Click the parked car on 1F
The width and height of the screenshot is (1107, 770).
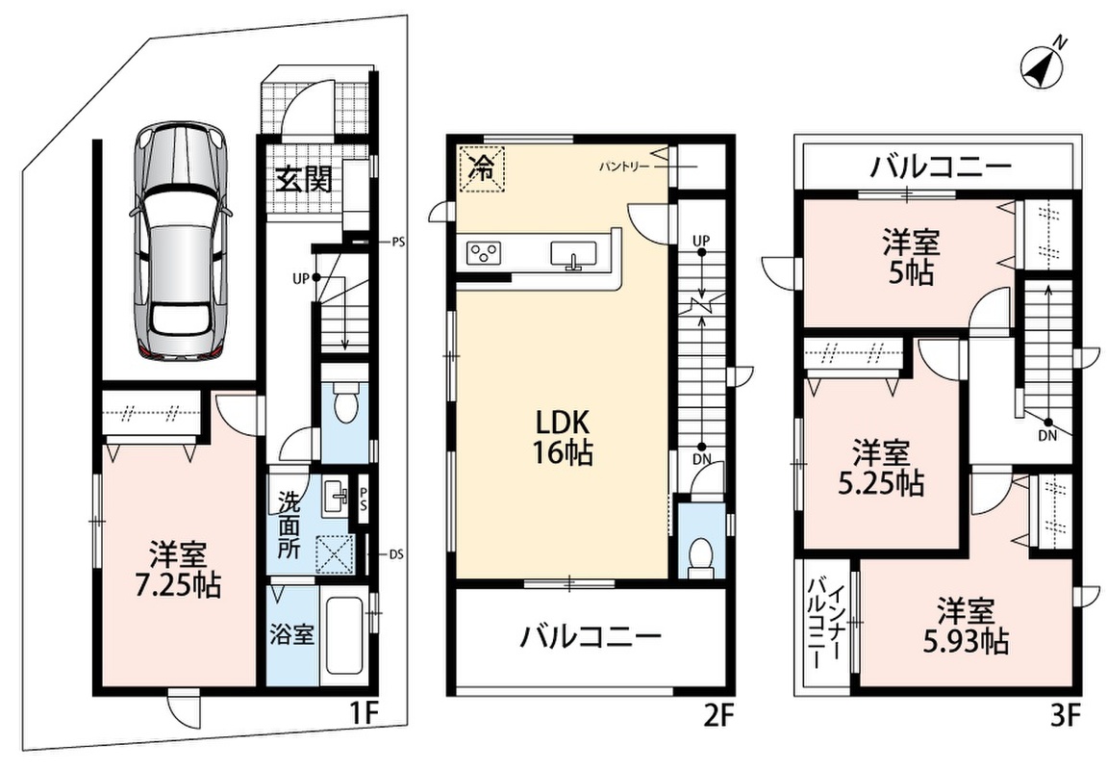click(181, 241)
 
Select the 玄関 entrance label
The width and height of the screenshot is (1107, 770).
click(303, 180)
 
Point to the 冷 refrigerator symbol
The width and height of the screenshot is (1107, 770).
click(482, 168)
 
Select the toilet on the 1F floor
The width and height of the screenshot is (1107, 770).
click(344, 403)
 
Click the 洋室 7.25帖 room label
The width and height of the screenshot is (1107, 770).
click(178, 570)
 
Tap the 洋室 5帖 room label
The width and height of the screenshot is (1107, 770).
click(911, 257)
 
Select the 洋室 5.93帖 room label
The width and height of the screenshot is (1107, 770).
click(966, 626)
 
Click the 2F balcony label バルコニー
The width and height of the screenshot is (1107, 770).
click(591, 637)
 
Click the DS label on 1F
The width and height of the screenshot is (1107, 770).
click(397, 554)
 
